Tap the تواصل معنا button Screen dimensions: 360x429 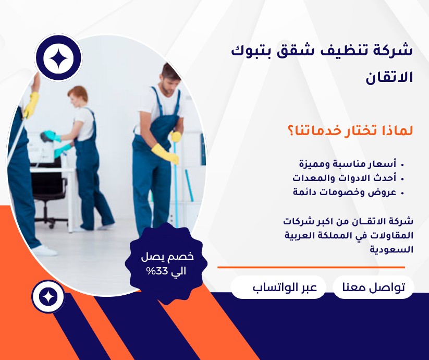tap(373, 287)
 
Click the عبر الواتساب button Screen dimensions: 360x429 tap(278, 287)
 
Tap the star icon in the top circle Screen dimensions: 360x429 tap(58, 58)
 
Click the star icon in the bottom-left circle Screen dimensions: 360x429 tap(48, 296)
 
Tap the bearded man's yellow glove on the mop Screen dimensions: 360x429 tap(165, 154)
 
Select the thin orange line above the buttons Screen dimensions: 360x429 tap(311, 268)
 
